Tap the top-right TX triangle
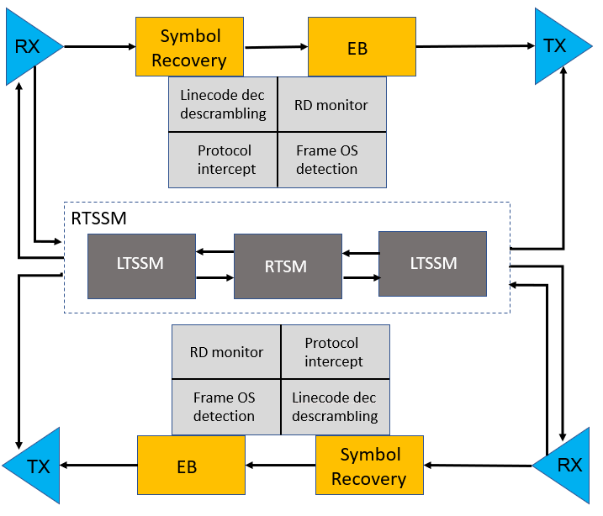tap(558, 46)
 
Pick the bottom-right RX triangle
tap(563, 465)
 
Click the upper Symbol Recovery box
tap(189, 48)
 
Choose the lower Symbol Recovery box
tap(369, 467)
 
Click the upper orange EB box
tap(362, 48)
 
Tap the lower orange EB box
tap(191, 466)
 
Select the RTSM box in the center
tap(286, 266)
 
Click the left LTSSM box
tap(141, 263)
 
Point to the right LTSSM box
tap(433, 263)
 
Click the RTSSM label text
tap(98, 219)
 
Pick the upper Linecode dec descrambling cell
tap(223, 105)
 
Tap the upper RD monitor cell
tap(331, 105)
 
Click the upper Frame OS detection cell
tap(331, 160)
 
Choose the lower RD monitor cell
tap(226, 352)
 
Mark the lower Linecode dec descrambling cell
tap(335, 407)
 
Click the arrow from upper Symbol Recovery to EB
tap(276, 48)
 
